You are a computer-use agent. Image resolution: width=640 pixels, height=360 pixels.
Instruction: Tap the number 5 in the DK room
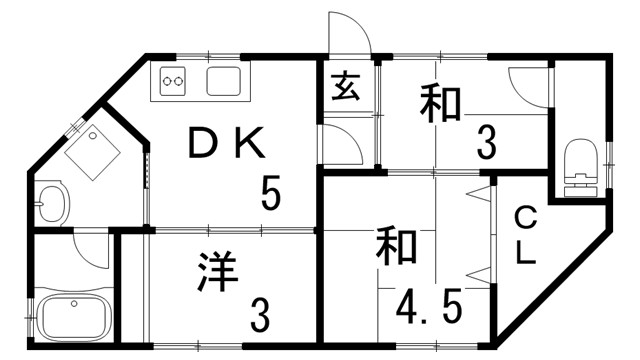point(271,193)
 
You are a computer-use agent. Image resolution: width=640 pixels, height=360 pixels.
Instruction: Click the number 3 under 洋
point(259,317)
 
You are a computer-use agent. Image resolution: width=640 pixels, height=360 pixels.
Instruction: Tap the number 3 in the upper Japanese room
point(486,146)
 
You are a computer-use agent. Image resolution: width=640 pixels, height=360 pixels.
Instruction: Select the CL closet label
point(526,236)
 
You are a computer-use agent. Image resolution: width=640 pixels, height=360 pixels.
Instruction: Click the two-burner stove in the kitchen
point(173,80)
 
